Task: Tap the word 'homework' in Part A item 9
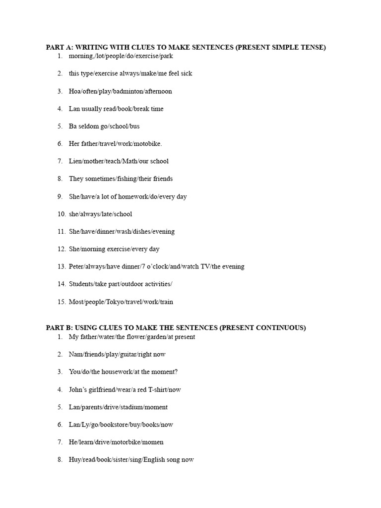pos(130,196)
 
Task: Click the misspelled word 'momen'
pos(153,442)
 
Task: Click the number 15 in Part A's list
pos(61,302)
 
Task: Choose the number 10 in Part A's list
pos(61,214)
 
